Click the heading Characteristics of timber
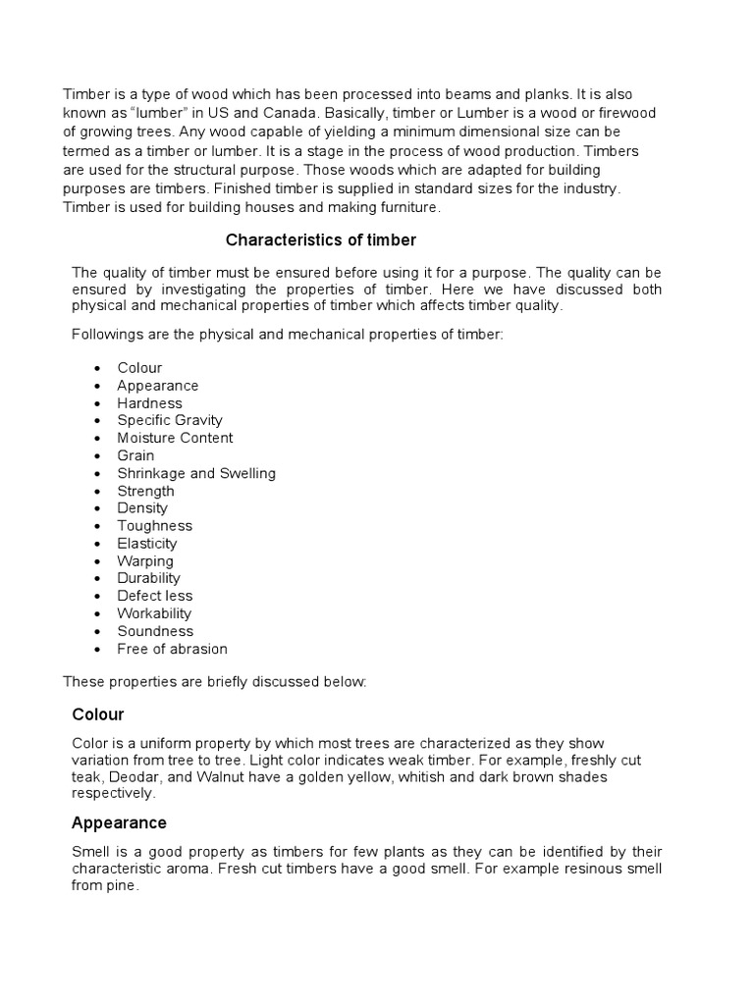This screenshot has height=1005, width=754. pos(321,239)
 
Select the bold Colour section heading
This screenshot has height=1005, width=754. pos(98,714)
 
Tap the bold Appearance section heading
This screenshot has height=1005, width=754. pos(119,822)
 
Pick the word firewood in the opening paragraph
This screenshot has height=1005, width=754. pos(622,113)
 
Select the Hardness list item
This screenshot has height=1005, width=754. pos(149,403)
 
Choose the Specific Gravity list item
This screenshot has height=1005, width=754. pos(170,420)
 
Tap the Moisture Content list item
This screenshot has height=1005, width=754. pos(175,438)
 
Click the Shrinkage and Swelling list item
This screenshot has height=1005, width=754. pos(196,473)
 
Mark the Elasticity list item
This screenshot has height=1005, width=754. pos(147,544)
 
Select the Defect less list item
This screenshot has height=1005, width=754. pos(155,596)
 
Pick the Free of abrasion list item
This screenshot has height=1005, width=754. pos(172,649)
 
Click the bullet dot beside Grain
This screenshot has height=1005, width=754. pos(97,456)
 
